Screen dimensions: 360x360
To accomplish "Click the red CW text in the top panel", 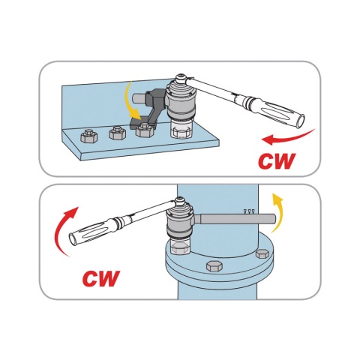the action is pyautogui.click(x=277, y=160).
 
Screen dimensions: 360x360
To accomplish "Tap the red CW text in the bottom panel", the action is pyautogui.click(x=101, y=278).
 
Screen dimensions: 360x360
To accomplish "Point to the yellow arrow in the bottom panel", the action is pyautogui.click(x=277, y=212).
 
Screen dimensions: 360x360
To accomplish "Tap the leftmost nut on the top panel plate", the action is pyautogui.click(x=88, y=136).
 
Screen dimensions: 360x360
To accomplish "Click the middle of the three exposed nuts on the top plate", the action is pyautogui.click(x=117, y=133).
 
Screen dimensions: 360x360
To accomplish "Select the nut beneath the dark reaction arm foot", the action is pyautogui.click(x=144, y=130).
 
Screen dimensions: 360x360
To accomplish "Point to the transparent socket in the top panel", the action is pyautogui.click(x=181, y=129).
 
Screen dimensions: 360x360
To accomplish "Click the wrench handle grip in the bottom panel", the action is pyautogui.click(x=90, y=230).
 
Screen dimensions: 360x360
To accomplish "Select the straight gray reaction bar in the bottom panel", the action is pyautogui.click(x=235, y=219).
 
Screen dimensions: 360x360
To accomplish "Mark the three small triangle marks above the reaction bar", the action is pyautogui.click(x=249, y=211).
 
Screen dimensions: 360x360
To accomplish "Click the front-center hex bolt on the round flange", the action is pyautogui.click(x=214, y=266).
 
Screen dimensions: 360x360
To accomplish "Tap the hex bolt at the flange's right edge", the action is pyautogui.click(x=262, y=254).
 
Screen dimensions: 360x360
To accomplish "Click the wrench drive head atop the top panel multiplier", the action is pyautogui.click(x=181, y=79).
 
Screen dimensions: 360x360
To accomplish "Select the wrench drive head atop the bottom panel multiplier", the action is pyautogui.click(x=180, y=202).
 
